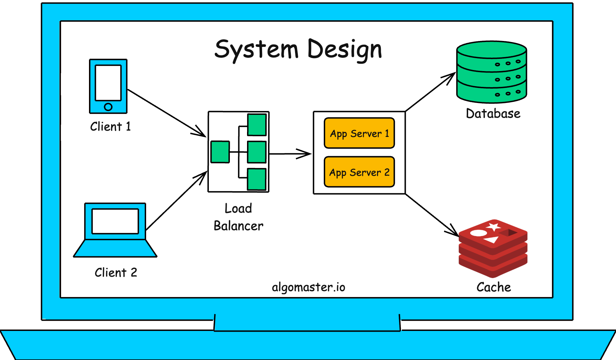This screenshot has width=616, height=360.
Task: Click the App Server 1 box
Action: pyautogui.click(x=359, y=133)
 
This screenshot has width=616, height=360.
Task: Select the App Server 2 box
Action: pyautogui.click(x=359, y=172)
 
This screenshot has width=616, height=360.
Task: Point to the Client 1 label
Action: pyautogui.click(x=110, y=126)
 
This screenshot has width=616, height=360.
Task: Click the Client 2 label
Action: pyautogui.click(x=116, y=272)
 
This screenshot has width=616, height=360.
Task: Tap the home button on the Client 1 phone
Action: pyautogui.click(x=108, y=107)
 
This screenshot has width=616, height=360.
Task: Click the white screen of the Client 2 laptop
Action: pyautogui.click(x=115, y=221)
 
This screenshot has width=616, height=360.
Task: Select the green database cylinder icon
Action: pyautogui.click(x=492, y=72)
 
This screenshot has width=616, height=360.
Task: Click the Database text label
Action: pyautogui.click(x=493, y=113)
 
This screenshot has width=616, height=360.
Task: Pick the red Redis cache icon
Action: pyautogui.click(x=493, y=249)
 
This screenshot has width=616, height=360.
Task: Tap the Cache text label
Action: pyautogui.click(x=493, y=287)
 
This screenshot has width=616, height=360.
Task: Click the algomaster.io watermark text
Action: pyautogui.click(x=308, y=287)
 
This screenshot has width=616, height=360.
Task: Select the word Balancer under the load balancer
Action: pyautogui.click(x=238, y=226)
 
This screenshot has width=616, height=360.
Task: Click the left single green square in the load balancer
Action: pyautogui.click(x=220, y=152)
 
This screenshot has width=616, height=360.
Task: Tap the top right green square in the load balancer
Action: pyautogui.click(x=257, y=125)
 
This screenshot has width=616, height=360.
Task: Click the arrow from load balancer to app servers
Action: pyautogui.click(x=289, y=154)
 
